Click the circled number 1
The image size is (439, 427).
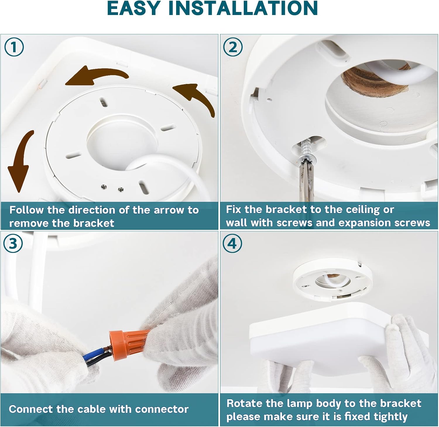(14, 47)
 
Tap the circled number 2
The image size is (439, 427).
(233, 47)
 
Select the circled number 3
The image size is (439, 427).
(13, 243)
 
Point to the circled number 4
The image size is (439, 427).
(232, 243)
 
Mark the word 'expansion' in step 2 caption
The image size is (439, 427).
(365, 223)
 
